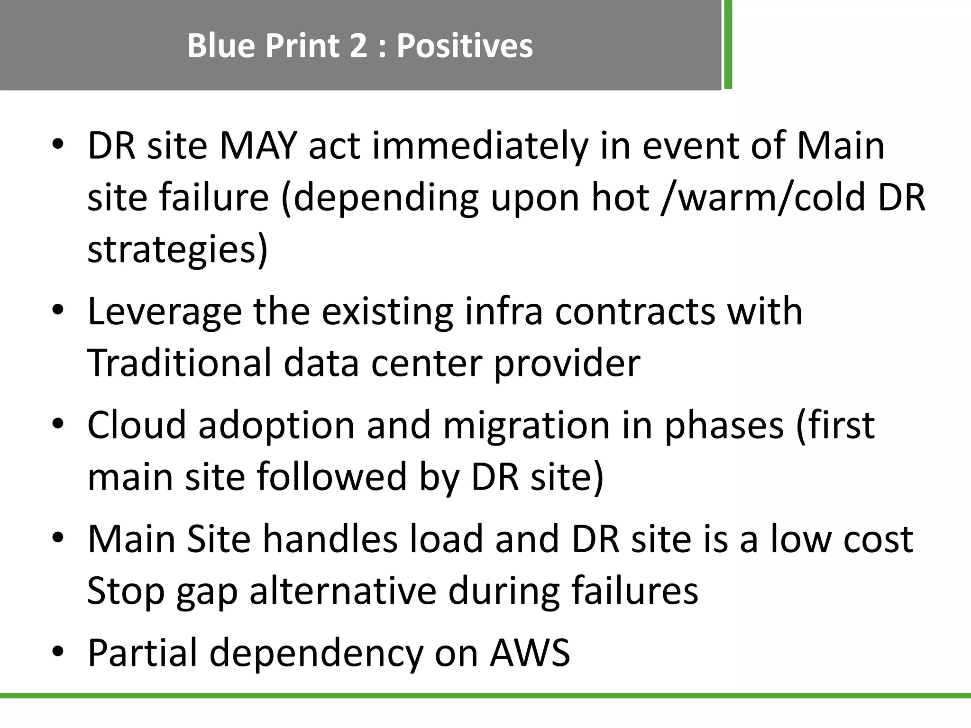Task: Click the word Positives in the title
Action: coord(465,46)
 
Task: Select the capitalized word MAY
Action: coord(258,146)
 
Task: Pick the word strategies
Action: coord(178,250)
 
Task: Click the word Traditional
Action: coord(180,363)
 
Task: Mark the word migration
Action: coord(527,426)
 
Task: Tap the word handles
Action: coord(330,539)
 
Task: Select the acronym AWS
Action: coord(530,653)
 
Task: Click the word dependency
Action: coord(316,654)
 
